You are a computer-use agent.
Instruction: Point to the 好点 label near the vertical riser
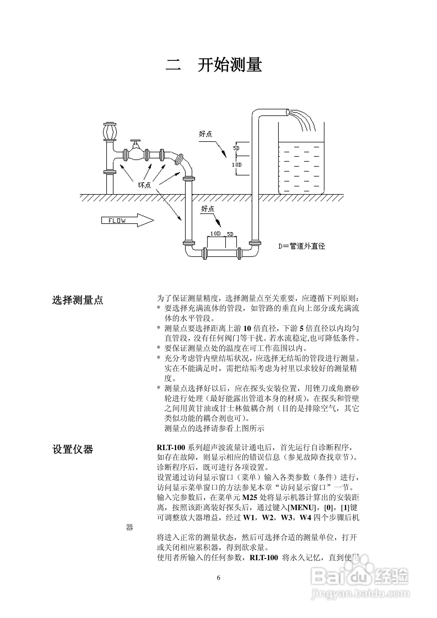click(206, 134)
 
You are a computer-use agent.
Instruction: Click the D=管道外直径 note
click(301, 246)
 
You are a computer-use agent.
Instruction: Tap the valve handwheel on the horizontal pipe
click(135, 141)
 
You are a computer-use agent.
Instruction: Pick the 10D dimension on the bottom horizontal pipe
click(215, 234)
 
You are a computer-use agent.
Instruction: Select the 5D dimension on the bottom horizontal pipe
click(230, 234)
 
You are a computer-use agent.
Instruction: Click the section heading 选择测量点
click(78, 300)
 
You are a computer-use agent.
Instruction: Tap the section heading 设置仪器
click(73, 449)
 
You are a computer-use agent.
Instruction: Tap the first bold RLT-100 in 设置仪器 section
click(171, 447)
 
